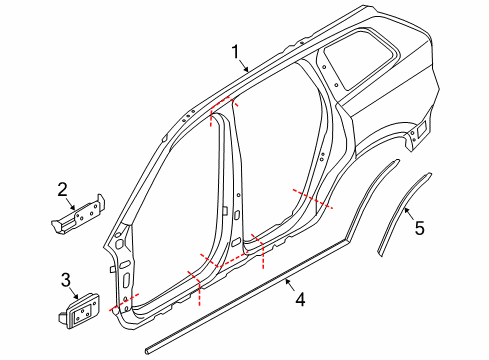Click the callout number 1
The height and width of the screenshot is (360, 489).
[x=236, y=51]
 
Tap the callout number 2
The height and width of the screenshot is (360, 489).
[x=62, y=188]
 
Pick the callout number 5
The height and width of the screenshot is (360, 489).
[x=419, y=228]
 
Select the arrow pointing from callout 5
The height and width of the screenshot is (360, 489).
[x=408, y=212]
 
